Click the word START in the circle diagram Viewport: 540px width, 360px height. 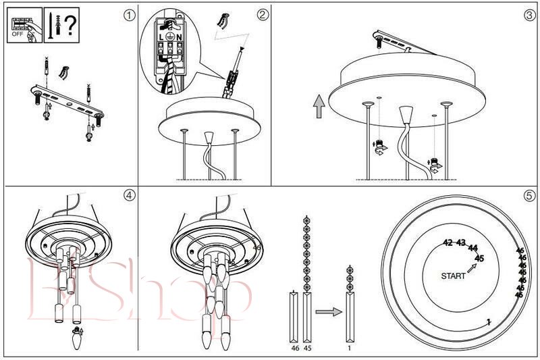click(x=453, y=276)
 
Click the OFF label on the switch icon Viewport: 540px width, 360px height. click(x=18, y=33)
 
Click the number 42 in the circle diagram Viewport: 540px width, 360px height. click(x=447, y=242)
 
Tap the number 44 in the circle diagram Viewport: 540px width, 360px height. click(x=473, y=248)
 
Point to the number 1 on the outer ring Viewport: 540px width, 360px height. click(x=488, y=322)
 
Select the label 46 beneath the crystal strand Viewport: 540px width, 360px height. click(x=294, y=349)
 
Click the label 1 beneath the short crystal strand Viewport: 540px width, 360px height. click(x=350, y=349)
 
